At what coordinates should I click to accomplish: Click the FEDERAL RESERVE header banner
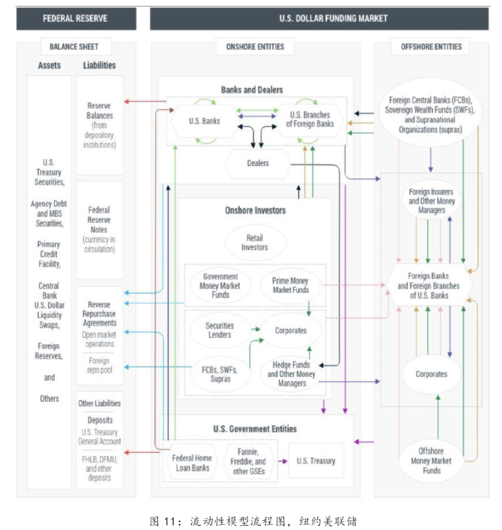click(75, 18)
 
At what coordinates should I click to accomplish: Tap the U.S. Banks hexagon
click(204, 121)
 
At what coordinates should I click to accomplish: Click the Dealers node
click(258, 163)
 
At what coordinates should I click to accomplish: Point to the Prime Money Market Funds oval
click(291, 285)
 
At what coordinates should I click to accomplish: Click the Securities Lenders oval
click(220, 330)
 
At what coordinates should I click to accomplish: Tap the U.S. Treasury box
click(316, 461)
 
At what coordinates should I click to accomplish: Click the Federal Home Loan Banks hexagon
click(191, 463)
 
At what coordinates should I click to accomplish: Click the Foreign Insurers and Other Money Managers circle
click(432, 201)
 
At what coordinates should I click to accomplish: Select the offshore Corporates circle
click(431, 374)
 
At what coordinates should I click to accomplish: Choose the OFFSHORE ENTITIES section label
click(431, 47)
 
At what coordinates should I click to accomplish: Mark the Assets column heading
click(49, 65)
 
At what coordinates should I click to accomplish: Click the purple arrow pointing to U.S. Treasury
click(283, 461)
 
